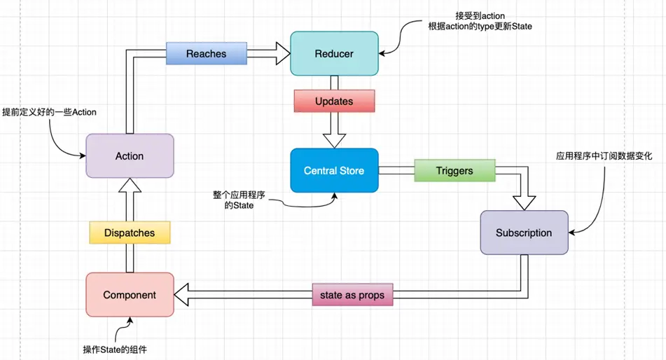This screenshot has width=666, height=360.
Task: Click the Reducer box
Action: (x=334, y=53)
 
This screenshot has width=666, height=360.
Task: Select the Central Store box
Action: (x=334, y=170)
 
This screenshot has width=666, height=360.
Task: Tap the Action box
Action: (x=129, y=156)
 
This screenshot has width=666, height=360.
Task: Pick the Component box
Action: (x=129, y=295)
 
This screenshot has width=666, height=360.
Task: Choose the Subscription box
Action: (x=523, y=233)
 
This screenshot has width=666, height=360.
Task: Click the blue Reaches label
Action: (x=206, y=53)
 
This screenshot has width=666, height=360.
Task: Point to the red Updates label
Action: (x=334, y=101)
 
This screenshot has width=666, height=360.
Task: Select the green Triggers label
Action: (x=454, y=170)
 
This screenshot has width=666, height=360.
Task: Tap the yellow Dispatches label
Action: (x=130, y=233)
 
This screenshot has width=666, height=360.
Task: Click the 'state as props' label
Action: (x=352, y=296)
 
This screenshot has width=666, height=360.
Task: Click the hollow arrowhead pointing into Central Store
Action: (x=334, y=139)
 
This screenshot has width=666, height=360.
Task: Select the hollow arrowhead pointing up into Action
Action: (x=130, y=186)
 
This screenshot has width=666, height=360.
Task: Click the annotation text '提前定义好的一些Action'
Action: (x=49, y=112)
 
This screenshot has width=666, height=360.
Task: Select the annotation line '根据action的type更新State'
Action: (x=480, y=27)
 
